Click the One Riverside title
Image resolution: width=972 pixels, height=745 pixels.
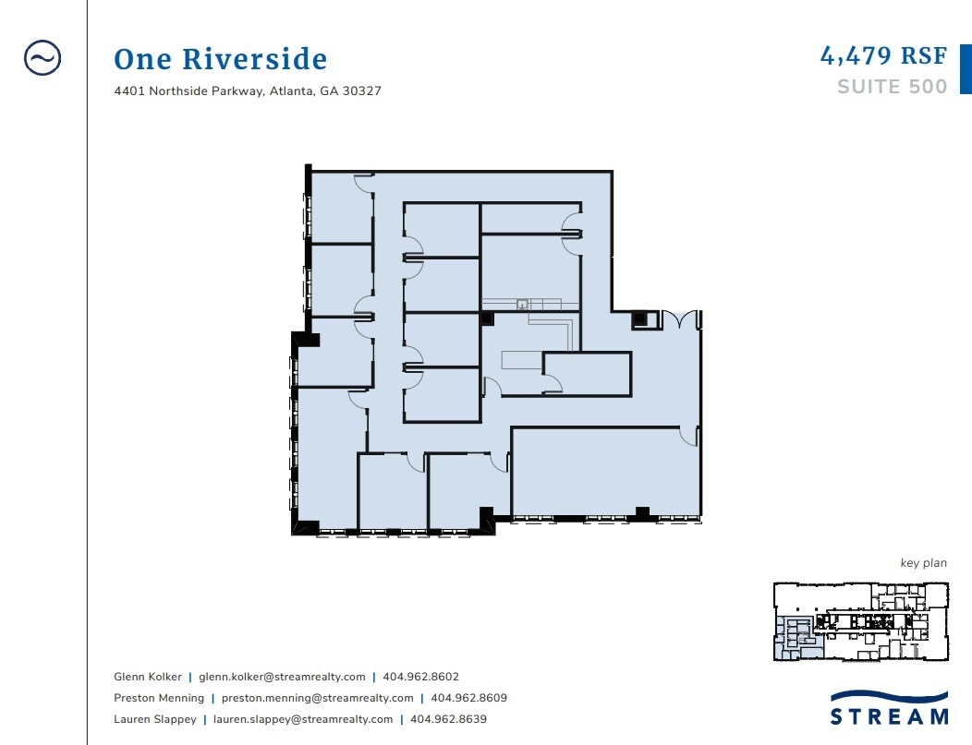(x=220, y=60)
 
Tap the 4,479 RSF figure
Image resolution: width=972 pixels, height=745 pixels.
(x=883, y=55)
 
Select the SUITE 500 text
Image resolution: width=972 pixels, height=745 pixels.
(x=892, y=87)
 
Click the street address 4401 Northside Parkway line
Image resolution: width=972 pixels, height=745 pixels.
(x=248, y=91)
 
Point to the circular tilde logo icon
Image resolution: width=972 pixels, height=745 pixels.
(x=43, y=58)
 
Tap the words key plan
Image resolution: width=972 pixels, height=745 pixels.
(x=923, y=563)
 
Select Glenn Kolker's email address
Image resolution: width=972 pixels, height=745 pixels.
(x=282, y=677)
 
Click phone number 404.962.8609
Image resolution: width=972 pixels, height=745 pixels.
(x=468, y=698)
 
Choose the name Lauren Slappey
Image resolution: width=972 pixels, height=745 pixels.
(x=153, y=719)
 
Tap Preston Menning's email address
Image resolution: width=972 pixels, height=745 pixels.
(x=317, y=698)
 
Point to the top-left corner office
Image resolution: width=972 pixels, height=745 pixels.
(x=340, y=208)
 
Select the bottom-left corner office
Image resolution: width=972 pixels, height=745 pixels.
(x=326, y=462)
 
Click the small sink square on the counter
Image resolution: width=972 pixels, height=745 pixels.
(x=522, y=302)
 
